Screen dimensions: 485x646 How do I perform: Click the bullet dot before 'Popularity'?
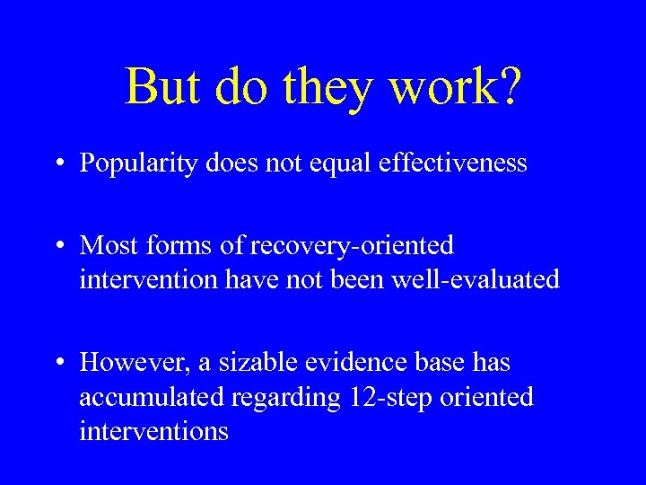click(x=58, y=163)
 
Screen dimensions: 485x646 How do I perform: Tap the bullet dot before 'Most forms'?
click(x=58, y=245)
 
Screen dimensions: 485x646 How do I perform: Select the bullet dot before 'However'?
click(x=58, y=363)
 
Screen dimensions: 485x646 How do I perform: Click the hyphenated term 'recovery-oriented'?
click(x=353, y=245)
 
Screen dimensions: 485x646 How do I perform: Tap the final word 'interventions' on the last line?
click(x=153, y=432)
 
